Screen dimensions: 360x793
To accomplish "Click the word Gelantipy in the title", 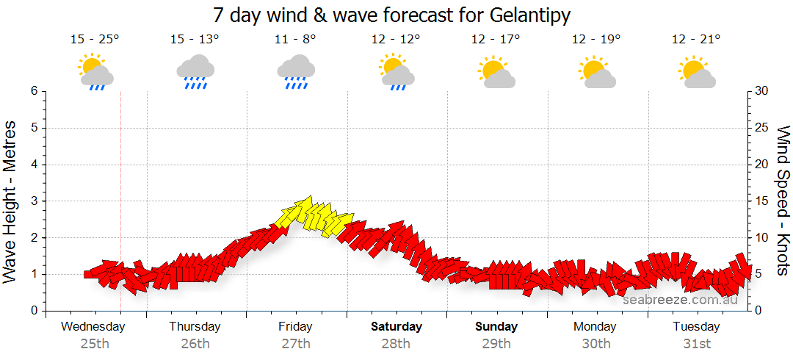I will (524, 15).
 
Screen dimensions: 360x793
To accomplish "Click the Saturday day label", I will (396, 327).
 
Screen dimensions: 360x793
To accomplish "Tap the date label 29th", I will (496, 343).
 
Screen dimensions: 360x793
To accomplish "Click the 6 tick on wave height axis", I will (34, 91).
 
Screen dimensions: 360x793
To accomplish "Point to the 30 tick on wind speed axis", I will (763, 91).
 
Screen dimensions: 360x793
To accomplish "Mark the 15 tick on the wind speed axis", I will (763, 201).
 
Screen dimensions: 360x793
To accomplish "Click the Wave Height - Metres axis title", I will (11, 201).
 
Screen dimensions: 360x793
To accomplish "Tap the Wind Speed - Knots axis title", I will (783, 201).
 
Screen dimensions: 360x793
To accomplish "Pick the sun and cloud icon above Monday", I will (596, 71).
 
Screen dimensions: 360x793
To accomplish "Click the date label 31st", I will (697, 343).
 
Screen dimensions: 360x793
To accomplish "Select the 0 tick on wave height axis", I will (34, 311).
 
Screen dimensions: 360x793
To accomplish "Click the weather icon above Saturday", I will (396, 71).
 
